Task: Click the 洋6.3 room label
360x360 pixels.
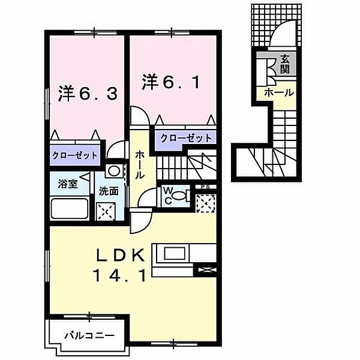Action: [88, 94]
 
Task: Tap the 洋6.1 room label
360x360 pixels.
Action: [170, 82]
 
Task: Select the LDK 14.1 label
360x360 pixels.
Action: [120, 266]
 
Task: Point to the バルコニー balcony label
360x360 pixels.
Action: [89, 336]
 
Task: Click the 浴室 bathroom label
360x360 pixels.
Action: [67, 184]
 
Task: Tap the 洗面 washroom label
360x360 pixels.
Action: [109, 191]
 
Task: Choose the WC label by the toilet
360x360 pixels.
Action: [168, 196]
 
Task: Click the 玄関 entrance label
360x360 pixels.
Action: [284, 64]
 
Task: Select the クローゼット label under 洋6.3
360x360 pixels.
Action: [75, 155]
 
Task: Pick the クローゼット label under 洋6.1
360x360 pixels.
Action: [186, 138]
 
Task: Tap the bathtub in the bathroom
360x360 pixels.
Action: [70, 209]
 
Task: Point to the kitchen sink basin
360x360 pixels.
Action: [175, 253]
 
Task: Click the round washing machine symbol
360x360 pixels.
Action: [114, 171]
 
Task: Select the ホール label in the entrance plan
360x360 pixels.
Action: [279, 93]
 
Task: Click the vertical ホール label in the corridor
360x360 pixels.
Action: [140, 165]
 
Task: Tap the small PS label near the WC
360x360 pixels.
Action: [205, 187]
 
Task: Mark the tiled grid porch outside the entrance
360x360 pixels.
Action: [276, 25]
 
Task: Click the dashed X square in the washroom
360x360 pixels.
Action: [106, 211]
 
